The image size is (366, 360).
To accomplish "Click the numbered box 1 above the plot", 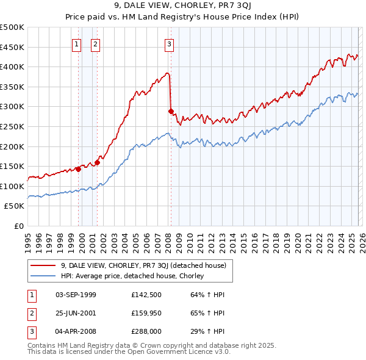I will (77, 43).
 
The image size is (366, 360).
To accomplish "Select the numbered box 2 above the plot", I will (96, 43).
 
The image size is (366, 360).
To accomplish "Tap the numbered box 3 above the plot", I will (169, 43).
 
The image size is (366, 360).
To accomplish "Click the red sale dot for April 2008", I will (171, 112).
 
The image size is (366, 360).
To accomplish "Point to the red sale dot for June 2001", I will (98, 162).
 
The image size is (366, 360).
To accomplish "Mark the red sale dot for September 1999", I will (78, 169).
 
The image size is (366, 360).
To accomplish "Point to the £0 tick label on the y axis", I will (18, 226).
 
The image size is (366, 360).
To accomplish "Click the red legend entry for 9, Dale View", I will (143, 265).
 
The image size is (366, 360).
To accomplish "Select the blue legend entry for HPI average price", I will (132, 276).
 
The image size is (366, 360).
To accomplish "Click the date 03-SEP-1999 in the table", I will (76, 295).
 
